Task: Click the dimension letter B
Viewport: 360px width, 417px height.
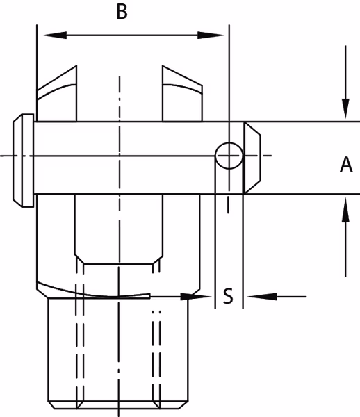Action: tap(122, 12)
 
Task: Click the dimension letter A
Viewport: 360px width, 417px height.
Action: tap(346, 164)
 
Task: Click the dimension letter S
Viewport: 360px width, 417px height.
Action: tap(228, 296)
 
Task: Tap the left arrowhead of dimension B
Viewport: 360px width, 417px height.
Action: tap(54, 35)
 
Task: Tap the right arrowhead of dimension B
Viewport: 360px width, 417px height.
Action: tap(211, 35)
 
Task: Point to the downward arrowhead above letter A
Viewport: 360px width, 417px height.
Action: tap(345, 108)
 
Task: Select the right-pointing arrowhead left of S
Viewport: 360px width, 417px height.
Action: tap(196, 296)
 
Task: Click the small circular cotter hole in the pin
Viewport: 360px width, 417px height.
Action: tap(229, 156)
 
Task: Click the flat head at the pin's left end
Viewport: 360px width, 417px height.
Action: tap(24, 161)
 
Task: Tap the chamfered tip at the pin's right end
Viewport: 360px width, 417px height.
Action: tap(252, 158)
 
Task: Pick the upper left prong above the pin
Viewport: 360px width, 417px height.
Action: tap(57, 93)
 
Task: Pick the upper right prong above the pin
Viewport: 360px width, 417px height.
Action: tap(182, 93)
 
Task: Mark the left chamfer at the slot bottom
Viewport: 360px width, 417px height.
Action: tap(79, 259)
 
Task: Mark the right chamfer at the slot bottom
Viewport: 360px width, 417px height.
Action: tap(158, 260)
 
